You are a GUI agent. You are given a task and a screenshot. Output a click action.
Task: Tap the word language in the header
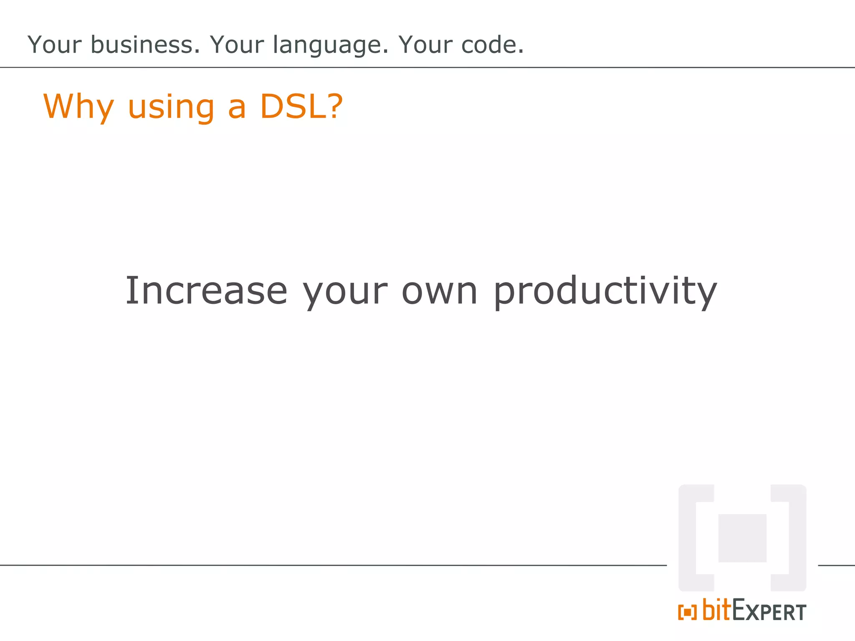pyautogui.click(x=330, y=45)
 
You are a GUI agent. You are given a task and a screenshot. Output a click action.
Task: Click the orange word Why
pyautogui.click(x=78, y=107)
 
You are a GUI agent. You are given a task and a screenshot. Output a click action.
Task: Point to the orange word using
pyautogui.click(x=171, y=108)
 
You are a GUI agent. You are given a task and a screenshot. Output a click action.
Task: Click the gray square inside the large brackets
pyautogui.click(x=742, y=538)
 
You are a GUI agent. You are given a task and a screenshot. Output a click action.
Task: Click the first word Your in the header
pyautogui.click(x=54, y=45)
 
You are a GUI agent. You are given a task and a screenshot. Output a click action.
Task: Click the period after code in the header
pyautogui.click(x=521, y=52)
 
